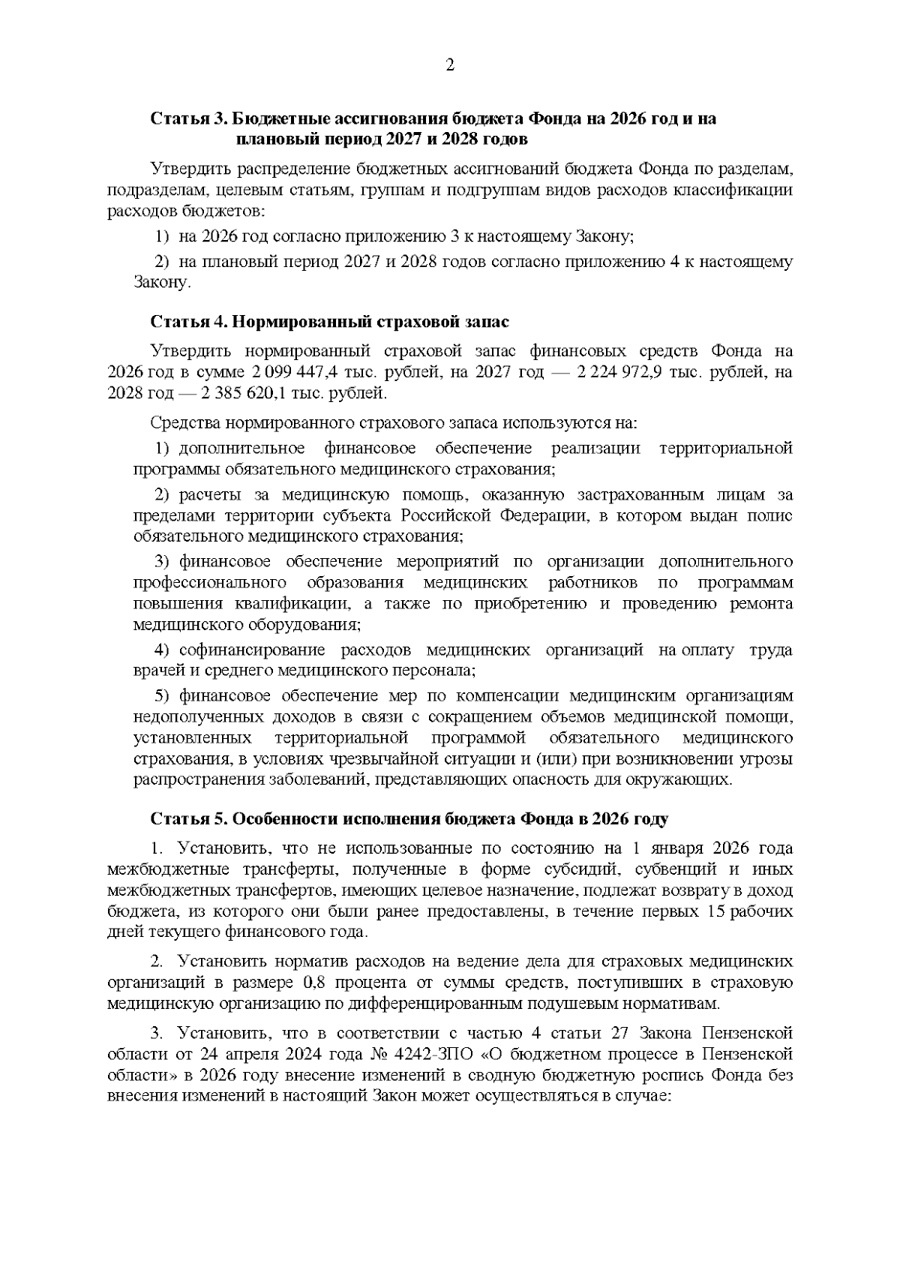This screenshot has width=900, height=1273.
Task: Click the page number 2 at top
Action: [x=450, y=65]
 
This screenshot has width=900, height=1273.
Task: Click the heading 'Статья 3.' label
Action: [x=187, y=119]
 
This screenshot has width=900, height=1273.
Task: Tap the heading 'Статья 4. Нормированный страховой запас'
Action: [x=330, y=322]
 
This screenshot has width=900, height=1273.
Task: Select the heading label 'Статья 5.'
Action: [x=187, y=818]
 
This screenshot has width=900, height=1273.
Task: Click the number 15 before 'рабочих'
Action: [x=715, y=912]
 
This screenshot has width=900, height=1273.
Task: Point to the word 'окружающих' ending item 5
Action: [x=682, y=779]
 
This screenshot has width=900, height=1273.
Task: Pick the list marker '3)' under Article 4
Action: [x=163, y=563]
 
